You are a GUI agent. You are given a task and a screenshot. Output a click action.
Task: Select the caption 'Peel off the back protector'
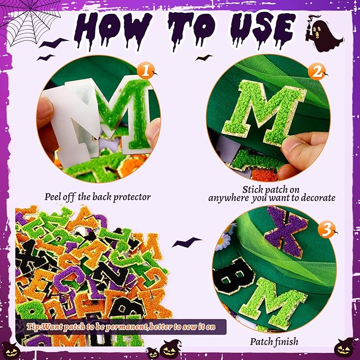click(98, 197)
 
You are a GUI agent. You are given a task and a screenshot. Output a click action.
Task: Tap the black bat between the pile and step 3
click(189, 242)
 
